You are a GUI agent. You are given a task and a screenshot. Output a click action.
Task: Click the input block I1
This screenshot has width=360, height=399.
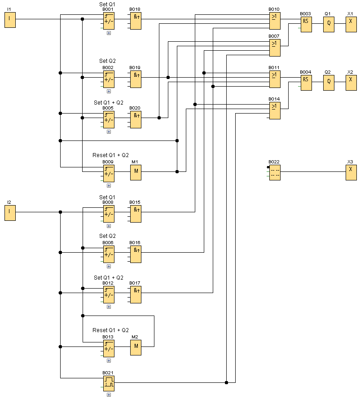(x=10, y=20)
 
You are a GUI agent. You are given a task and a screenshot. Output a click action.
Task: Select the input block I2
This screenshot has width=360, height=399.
(x=10, y=213)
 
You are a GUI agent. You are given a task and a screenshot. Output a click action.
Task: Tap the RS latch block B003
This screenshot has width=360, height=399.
(x=306, y=24)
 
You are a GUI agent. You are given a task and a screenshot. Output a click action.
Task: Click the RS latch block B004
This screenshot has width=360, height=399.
(x=306, y=83)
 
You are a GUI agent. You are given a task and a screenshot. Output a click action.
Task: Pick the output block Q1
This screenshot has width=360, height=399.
(x=329, y=24)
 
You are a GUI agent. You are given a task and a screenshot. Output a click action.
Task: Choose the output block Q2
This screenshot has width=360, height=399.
(x=329, y=83)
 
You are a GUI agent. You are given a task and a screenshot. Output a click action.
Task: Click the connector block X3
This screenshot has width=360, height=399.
(x=351, y=172)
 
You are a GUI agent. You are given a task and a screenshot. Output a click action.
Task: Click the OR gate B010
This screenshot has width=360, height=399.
(x=275, y=20)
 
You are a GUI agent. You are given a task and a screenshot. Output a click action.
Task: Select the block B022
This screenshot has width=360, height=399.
(x=275, y=172)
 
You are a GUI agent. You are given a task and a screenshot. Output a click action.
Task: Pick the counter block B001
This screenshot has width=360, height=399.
(x=109, y=21)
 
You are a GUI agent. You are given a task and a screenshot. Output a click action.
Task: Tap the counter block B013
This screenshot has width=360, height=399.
(x=109, y=348)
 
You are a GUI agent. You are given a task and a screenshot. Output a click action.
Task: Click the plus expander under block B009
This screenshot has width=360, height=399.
(x=109, y=185)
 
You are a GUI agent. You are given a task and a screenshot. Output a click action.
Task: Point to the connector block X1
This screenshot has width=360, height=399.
(x=351, y=24)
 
